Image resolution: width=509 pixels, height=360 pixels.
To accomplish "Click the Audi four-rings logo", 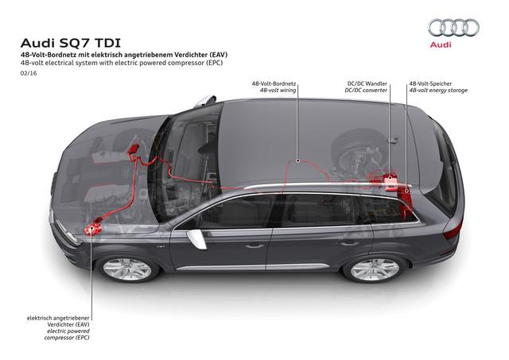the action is pyautogui.click(x=453, y=28).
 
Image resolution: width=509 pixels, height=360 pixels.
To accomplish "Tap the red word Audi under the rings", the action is pyautogui.click(x=441, y=45).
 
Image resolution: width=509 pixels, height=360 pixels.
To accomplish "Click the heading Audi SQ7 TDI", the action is pyautogui.click(x=71, y=43).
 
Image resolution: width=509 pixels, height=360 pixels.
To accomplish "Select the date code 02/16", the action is pyautogui.click(x=29, y=73).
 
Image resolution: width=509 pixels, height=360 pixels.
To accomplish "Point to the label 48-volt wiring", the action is pyautogui.click(x=278, y=91).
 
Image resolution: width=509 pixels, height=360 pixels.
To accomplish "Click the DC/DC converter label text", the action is pyautogui.click(x=366, y=91).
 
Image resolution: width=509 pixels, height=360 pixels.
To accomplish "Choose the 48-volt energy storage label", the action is pyautogui.click(x=438, y=91).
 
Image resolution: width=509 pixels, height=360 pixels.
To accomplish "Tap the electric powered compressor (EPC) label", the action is pyautogui.click(x=67, y=335).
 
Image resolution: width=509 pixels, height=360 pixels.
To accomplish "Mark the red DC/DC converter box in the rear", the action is pyautogui.click(x=390, y=183).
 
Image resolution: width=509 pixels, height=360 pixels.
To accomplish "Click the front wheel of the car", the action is pyautogui.click(x=127, y=269).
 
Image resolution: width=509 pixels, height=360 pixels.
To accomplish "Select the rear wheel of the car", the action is pyautogui.click(x=375, y=269).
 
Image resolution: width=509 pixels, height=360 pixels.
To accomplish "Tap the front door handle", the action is pyautogui.click(x=254, y=246).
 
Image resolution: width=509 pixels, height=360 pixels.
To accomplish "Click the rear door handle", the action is pyautogui.click(x=348, y=242).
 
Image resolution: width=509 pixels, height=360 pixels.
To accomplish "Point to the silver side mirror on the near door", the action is pyautogui.click(x=196, y=239).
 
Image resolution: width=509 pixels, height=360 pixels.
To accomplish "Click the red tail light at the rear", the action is pyautogui.click(x=454, y=228).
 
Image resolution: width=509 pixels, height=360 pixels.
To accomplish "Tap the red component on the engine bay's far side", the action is pyautogui.click(x=134, y=151).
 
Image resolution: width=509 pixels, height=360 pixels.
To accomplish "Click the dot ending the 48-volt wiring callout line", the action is pyautogui.click(x=297, y=161).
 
